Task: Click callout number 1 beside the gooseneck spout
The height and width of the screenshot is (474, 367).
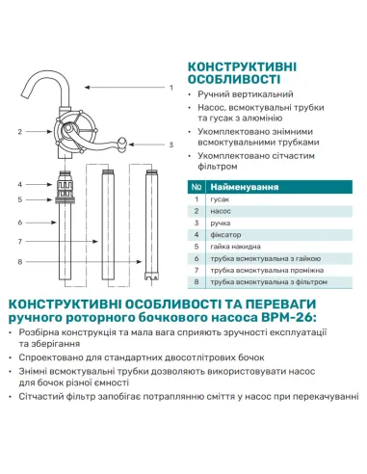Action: (170, 88)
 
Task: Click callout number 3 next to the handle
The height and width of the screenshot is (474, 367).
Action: (170, 145)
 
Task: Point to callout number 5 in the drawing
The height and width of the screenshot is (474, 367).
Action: (20, 199)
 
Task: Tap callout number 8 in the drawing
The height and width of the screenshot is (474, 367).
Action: (20, 261)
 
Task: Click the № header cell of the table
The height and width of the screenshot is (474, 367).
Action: (196, 187)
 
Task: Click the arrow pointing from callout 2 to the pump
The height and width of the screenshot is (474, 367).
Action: (43, 130)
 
